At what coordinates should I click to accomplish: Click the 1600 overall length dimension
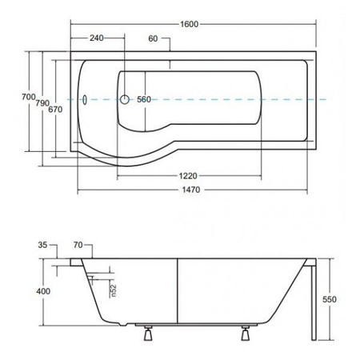[x=190, y=24]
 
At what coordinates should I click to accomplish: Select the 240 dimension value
[x=96, y=38]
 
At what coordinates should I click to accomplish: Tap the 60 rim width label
[x=153, y=38]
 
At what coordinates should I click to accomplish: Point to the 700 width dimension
[x=29, y=97]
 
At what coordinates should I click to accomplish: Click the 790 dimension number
[x=42, y=103]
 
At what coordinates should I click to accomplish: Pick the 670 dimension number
[x=55, y=110]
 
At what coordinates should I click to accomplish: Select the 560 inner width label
[x=144, y=99]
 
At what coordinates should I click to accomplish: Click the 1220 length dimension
[x=188, y=176]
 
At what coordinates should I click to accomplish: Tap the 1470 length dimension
[x=191, y=190]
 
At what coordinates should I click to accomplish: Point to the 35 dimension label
[x=42, y=245]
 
